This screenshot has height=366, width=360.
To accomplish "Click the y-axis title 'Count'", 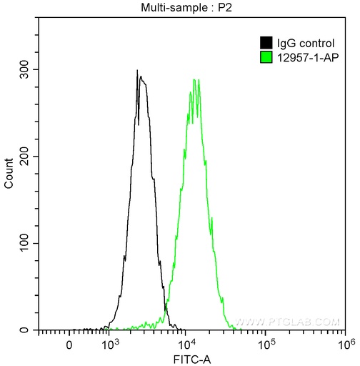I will click(x=9, y=174).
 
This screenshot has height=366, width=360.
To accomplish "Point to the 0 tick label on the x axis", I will click(x=69, y=345).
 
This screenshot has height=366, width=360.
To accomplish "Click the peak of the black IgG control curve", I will click(x=136, y=71).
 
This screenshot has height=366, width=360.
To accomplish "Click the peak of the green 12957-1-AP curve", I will click(x=194, y=79).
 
